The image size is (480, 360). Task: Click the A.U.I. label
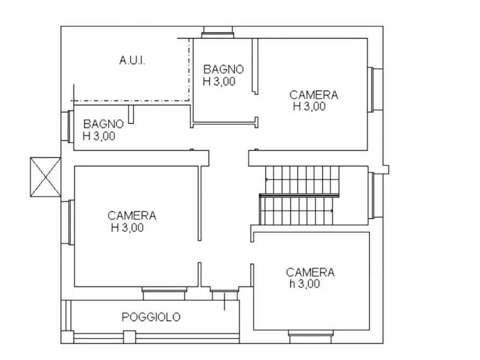click(x=132, y=61)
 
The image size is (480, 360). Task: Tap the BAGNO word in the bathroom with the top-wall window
click(x=223, y=69)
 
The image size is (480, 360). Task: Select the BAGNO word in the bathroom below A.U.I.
click(x=103, y=124)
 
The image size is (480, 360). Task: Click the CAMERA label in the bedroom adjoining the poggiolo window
click(x=132, y=215)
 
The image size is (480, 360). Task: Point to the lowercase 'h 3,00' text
click(x=304, y=284)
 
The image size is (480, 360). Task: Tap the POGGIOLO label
click(x=151, y=317)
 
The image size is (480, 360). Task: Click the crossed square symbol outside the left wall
click(x=46, y=177)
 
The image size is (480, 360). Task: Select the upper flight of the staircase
click(x=302, y=180)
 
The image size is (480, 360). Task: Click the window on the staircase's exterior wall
click(x=372, y=196)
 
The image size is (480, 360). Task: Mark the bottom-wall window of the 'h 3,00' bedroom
click(x=308, y=335)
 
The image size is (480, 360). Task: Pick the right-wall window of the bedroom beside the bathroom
click(x=372, y=89)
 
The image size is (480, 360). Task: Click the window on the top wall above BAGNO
click(x=218, y=32)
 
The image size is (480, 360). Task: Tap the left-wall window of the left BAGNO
click(x=69, y=126)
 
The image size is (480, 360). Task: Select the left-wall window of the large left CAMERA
click(x=70, y=222)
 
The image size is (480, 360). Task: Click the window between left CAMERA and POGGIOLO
click(x=164, y=293)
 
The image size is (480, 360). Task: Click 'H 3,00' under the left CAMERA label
click(x=127, y=228)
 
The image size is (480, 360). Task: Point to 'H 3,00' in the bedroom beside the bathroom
click(x=309, y=106)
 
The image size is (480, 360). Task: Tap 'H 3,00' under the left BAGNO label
click(x=99, y=136)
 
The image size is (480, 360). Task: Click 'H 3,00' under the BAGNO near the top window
click(x=219, y=82)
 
